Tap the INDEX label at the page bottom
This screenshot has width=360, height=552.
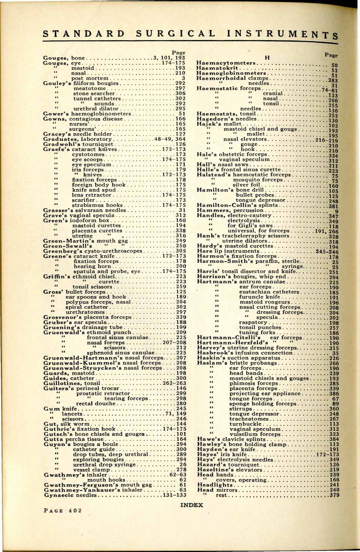[x=192, y=505]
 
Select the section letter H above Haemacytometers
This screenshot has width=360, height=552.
[x=267, y=57]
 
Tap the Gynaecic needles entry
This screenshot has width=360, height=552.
[x=70, y=495]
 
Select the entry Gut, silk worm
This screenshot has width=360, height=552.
[x=67, y=424]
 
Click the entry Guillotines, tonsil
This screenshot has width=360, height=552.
[x=72, y=384]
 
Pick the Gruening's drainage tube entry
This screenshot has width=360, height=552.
[x=78, y=327]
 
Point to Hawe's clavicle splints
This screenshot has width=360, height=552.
[x=231, y=439]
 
